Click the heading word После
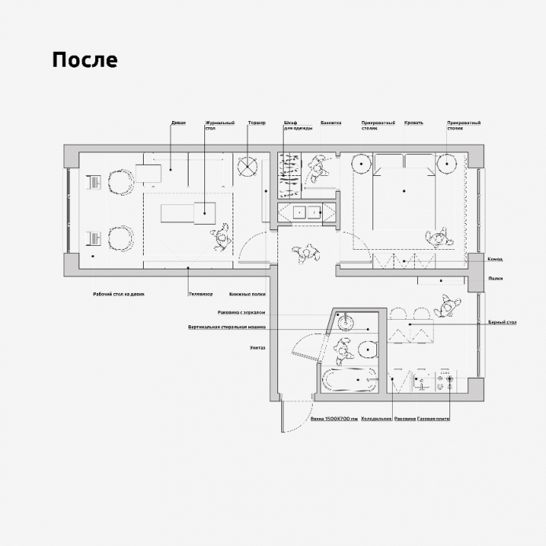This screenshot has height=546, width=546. pyautogui.click(x=85, y=60)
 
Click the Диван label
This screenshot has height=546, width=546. pyautogui.click(x=178, y=123)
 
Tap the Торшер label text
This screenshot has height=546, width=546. pyautogui.click(x=257, y=123)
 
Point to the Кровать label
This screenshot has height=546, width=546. pyautogui.click(x=414, y=123)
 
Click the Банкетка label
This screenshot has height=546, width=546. pyautogui.click(x=331, y=123)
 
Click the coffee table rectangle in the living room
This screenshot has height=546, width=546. pyautogui.click(x=187, y=212)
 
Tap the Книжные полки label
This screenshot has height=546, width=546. pyautogui.click(x=247, y=294)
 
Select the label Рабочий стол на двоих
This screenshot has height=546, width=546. pyautogui.click(x=119, y=294)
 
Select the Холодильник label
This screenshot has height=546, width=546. pyautogui.click(x=376, y=420)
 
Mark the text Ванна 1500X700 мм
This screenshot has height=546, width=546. pyautogui.click(x=334, y=420)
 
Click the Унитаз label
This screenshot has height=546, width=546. pyautogui.click(x=258, y=346)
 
